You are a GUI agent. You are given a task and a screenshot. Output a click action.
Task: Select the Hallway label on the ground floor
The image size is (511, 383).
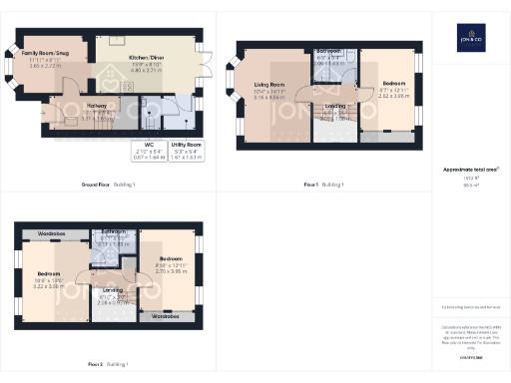pyautogui.click(x=96, y=103)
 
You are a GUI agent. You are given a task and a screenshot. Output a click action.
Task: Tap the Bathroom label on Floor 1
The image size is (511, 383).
pyautogui.click(x=328, y=50)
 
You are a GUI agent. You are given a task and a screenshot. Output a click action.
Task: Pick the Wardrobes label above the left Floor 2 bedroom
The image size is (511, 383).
pyautogui.click(x=52, y=234)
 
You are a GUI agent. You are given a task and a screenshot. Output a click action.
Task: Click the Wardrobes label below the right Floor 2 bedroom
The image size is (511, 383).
pyautogui.click(x=166, y=317)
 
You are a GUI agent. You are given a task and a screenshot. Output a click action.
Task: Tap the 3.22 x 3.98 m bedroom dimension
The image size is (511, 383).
pyautogui.click(x=49, y=286)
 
